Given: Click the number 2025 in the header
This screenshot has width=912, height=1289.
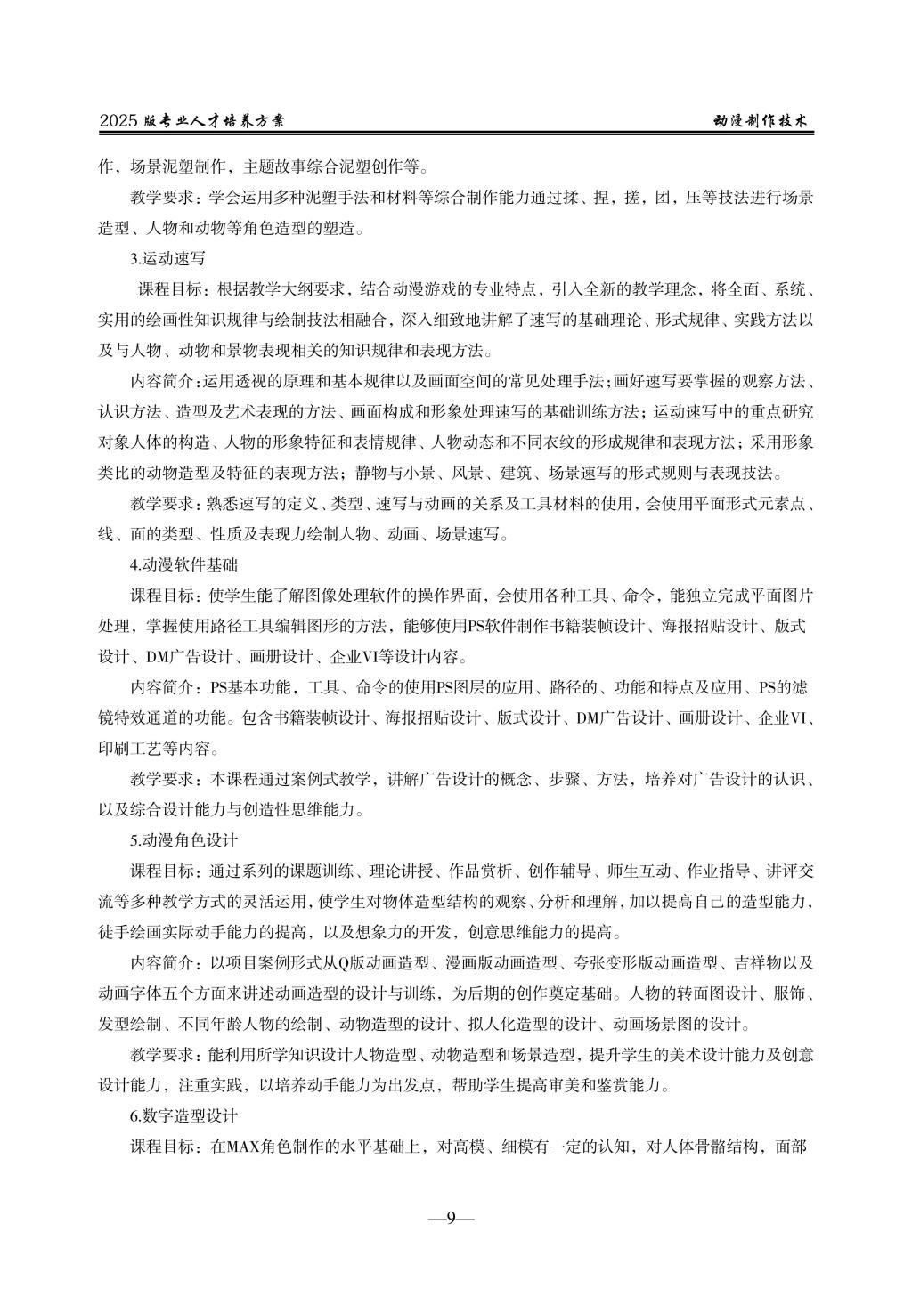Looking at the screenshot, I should [118, 121].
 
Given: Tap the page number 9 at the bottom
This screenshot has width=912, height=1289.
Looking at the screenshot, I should [451, 1218].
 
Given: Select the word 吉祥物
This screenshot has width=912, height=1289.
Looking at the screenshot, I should [759, 963].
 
